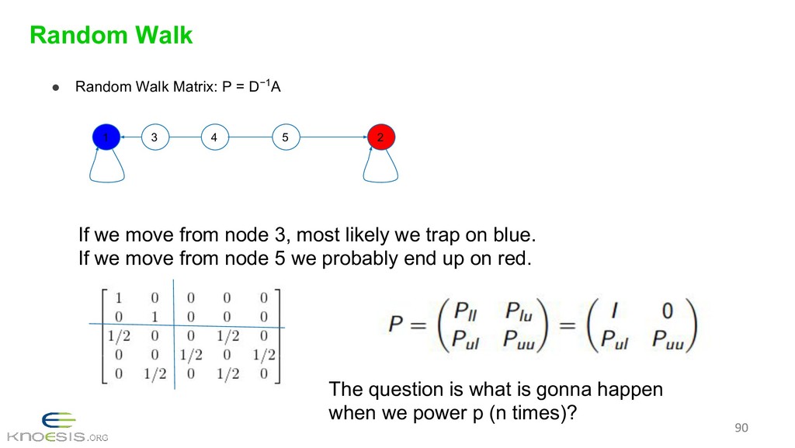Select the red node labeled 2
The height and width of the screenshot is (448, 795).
click(x=380, y=137)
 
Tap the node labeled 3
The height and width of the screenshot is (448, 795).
click(x=154, y=137)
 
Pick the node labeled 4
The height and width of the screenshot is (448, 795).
click(x=214, y=137)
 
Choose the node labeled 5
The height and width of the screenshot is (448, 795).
click(x=286, y=137)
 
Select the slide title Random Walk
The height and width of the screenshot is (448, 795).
click(x=110, y=35)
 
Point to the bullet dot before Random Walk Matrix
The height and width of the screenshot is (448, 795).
click(x=57, y=88)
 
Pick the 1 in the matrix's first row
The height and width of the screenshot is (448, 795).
click(x=118, y=297)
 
